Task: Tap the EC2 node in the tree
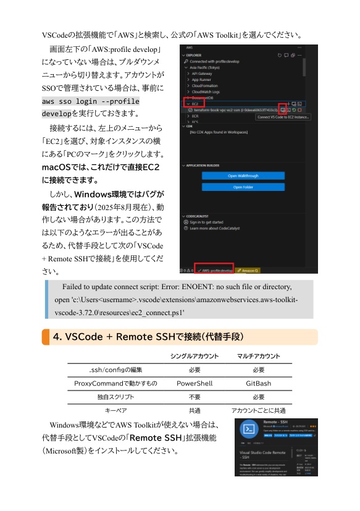[x=196, y=103]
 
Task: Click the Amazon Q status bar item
[x=249, y=270]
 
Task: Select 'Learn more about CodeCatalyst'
[x=222, y=229]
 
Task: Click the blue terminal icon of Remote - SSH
[x=249, y=429]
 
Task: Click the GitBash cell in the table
[x=258, y=384]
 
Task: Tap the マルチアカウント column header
[x=258, y=357]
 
